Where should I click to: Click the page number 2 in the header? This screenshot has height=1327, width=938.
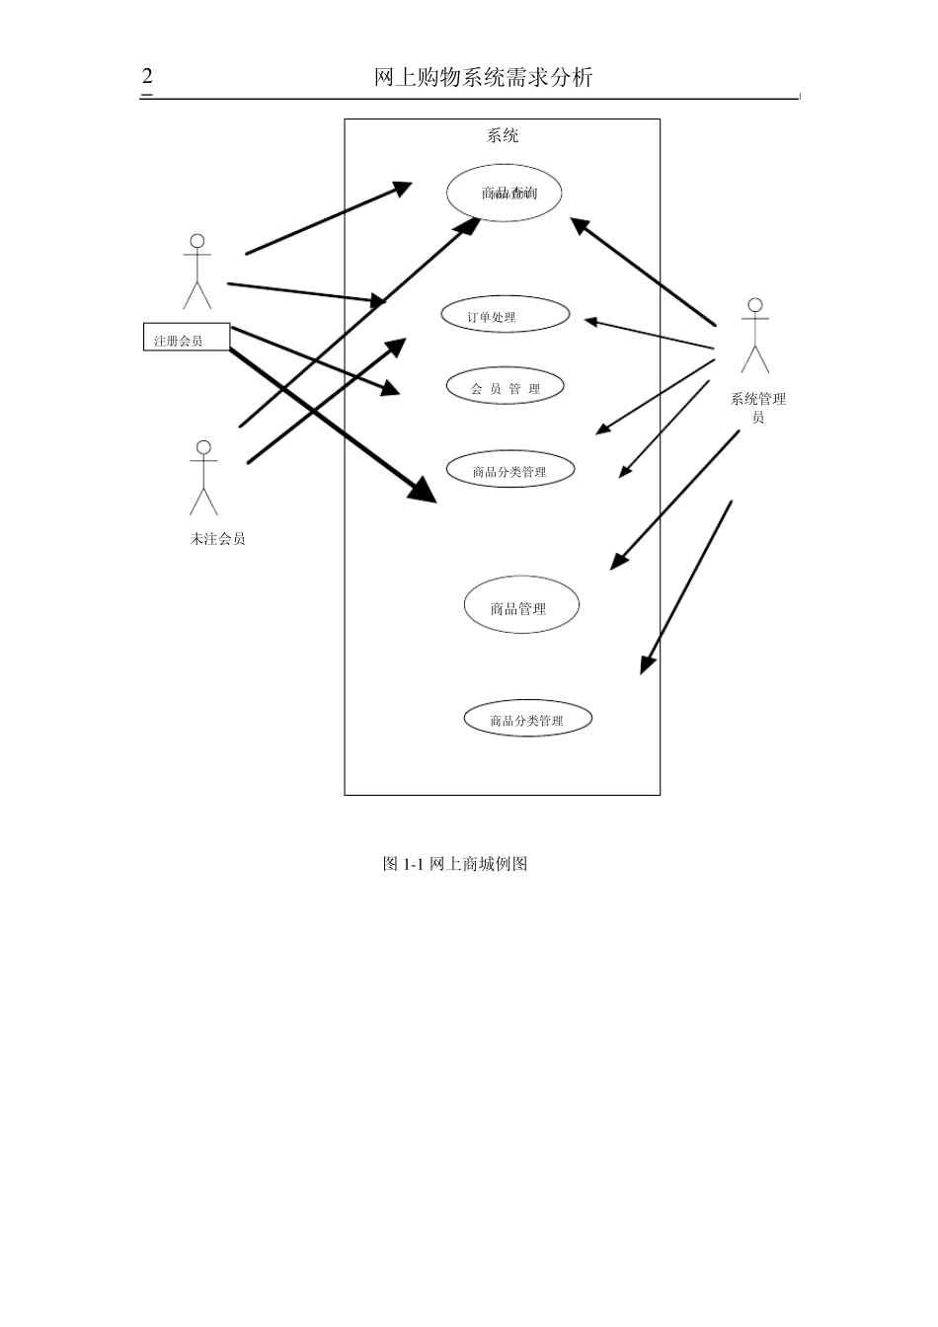tap(147, 77)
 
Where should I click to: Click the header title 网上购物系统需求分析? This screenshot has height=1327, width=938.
tap(484, 78)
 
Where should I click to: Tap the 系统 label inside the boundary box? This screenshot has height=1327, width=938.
tap(502, 136)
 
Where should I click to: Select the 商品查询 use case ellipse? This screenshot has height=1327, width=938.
tap(505, 193)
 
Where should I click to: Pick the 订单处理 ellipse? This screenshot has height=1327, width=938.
tap(506, 316)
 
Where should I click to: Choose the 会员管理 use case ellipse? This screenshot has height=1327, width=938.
tap(505, 387)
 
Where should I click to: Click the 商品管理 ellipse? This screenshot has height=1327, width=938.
tap(521, 606)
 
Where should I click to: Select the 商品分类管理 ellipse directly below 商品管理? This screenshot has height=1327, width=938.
tap(527, 720)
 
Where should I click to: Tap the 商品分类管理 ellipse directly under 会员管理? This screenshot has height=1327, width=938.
tap(509, 470)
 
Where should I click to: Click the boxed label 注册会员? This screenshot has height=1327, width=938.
tap(187, 338)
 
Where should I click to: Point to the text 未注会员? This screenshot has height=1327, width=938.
tap(217, 539)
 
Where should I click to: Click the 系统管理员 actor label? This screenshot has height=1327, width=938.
tap(757, 407)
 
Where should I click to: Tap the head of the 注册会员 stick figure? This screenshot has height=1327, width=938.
tap(197, 241)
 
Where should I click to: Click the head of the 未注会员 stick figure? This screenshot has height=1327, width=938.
tap(203, 447)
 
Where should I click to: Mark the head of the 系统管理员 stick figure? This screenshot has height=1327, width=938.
tap(755, 305)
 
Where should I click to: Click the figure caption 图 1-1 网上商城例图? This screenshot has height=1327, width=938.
tap(455, 864)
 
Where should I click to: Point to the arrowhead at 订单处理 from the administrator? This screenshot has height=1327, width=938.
tap(590, 321)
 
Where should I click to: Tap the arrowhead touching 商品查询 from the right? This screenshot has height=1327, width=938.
tap(580, 225)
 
